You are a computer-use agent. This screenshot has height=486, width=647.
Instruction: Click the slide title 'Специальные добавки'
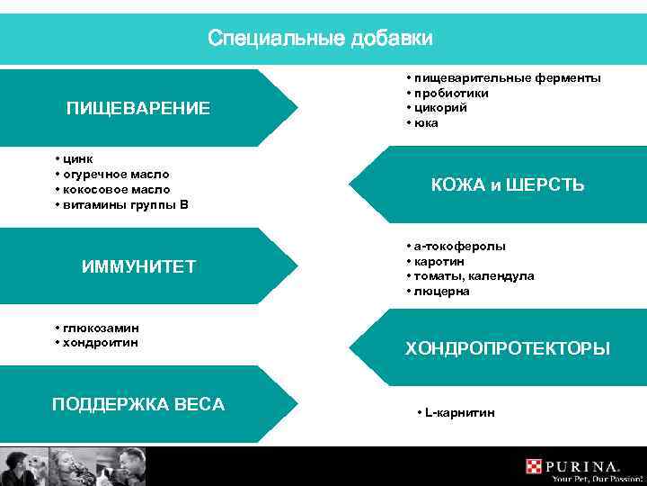pyautogui.click(x=320, y=39)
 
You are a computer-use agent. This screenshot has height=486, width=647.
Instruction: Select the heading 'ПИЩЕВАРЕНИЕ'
pyautogui.click(x=138, y=109)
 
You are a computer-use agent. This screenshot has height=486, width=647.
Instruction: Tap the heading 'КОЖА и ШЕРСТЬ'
pyautogui.click(x=507, y=185)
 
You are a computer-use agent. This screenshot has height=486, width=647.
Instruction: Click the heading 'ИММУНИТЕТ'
pyautogui.click(x=138, y=267)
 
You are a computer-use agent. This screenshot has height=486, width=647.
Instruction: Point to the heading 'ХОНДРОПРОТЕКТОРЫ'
pyautogui.click(x=507, y=348)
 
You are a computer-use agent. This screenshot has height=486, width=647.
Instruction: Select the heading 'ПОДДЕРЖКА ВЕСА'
pyautogui.click(x=138, y=404)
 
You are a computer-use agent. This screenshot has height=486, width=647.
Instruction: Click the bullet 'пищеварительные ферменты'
pyautogui.click(x=508, y=78)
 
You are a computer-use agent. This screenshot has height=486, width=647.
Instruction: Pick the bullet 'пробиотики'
pyautogui.click(x=450, y=94)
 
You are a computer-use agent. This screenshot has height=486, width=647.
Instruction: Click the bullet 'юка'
pyautogui.click(x=426, y=123)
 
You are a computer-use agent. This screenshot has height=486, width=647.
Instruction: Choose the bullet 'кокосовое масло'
pyautogui.click(x=116, y=189)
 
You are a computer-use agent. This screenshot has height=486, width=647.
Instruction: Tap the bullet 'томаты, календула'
pyautogui.click(x=474, y=276)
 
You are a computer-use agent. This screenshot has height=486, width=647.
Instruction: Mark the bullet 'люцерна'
pyautogui.click(x=442, y=292)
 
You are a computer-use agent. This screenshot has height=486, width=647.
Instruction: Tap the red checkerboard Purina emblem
pyautogui.click(x=536, y=466)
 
